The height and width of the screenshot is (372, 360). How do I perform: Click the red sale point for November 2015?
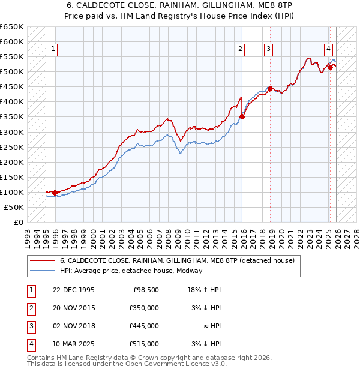click(242, 116)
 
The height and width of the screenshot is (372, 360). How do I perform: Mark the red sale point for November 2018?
click(271, 88)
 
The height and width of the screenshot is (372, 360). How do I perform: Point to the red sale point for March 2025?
click(330, 67)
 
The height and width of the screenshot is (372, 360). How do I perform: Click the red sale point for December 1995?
click(55, 193)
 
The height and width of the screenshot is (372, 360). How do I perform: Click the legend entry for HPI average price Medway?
click(131, 271)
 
